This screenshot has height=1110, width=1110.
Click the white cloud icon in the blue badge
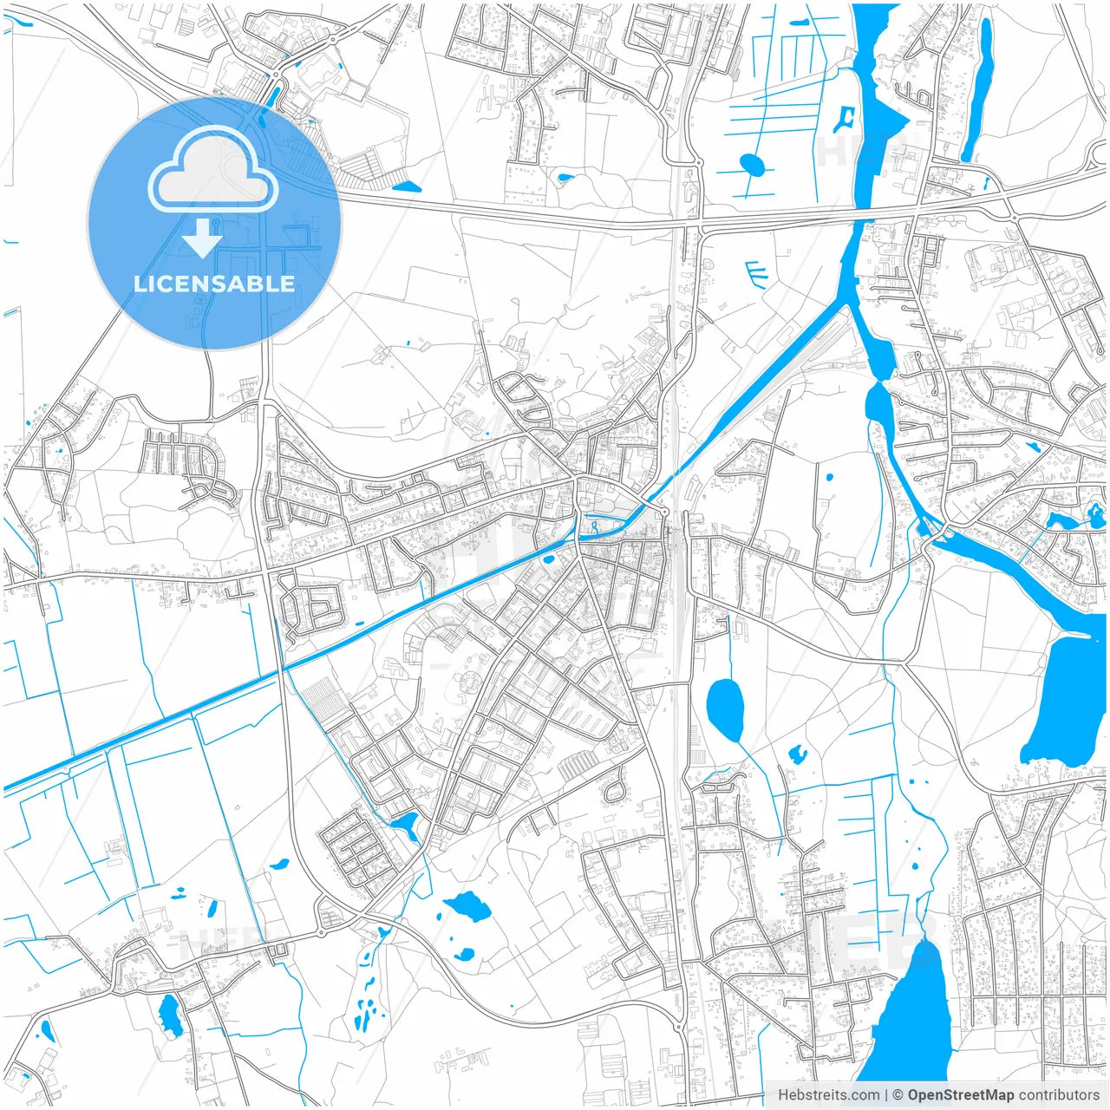click(x=213, y=169)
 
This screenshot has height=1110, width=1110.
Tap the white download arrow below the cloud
click(x=202, y=238)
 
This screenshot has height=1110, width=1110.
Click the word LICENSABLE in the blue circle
click(x=214, y=284)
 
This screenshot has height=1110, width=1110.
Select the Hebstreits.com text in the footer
click(x=828, y=1094)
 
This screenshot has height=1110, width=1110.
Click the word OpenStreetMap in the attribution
click(x=960, y=1094)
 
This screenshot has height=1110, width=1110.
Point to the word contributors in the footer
click(x=1059, y=1094)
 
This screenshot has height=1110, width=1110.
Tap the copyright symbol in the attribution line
click(x=898, y=1094)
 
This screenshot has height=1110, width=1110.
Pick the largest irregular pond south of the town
click(x=468, y=907)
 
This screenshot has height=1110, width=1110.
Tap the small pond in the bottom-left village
click(x=170, y=1015)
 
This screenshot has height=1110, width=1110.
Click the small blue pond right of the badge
click(x=406, y=186)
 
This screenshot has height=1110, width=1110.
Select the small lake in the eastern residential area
click(x=1059, y=521)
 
